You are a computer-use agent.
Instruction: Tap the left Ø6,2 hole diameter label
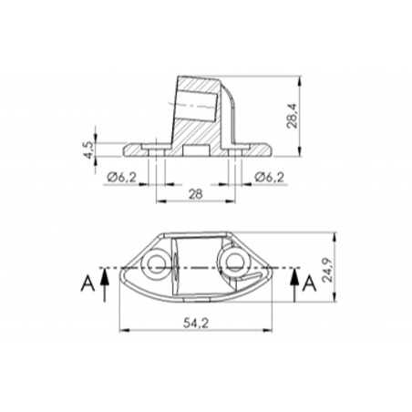121,177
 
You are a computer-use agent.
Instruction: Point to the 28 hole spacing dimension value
195,194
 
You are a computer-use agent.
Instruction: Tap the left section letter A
88,285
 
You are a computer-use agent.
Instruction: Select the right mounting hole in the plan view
233,264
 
